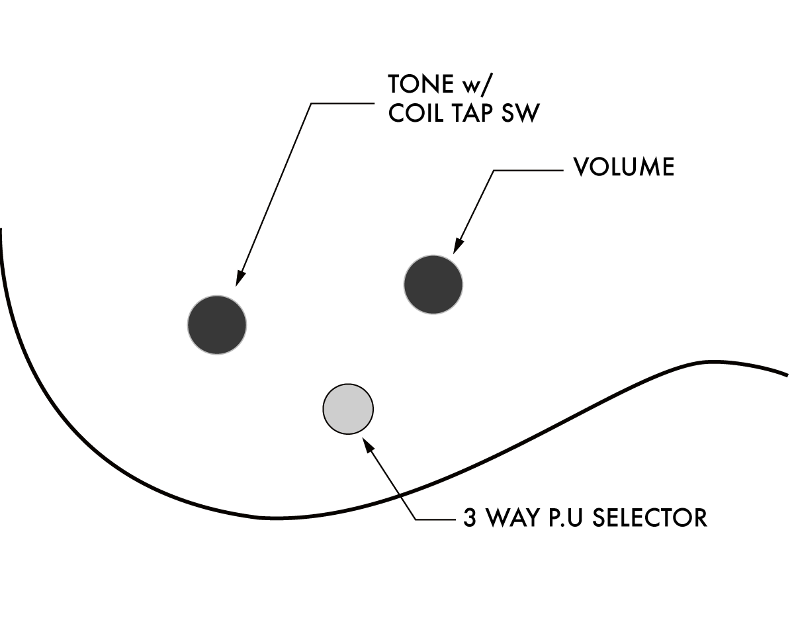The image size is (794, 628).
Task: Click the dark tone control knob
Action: point(217,324)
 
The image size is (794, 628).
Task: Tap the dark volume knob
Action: point(433,284)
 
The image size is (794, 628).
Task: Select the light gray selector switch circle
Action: point(348,410)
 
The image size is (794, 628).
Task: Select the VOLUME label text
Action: point(623,168)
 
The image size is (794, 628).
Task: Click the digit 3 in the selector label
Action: point(470,517)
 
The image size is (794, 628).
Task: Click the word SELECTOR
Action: point(650,517)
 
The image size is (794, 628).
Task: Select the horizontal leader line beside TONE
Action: point(344,103)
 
